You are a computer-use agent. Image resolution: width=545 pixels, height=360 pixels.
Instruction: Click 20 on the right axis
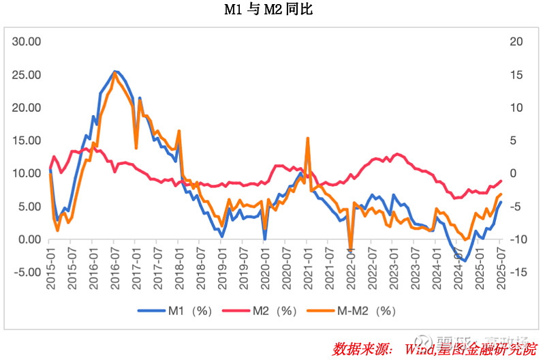(516, 42)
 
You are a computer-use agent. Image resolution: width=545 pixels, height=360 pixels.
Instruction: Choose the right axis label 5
(516, 140)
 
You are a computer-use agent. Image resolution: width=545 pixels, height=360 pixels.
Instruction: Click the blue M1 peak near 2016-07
(115, 71)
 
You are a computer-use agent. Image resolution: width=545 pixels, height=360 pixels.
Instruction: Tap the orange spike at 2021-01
(308, 138)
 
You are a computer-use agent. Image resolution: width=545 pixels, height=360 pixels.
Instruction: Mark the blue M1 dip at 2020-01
(265, 239)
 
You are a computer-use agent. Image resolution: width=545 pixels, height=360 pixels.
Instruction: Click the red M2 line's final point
(501, 181)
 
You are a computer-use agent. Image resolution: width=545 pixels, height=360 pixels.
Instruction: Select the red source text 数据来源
(362, 349)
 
